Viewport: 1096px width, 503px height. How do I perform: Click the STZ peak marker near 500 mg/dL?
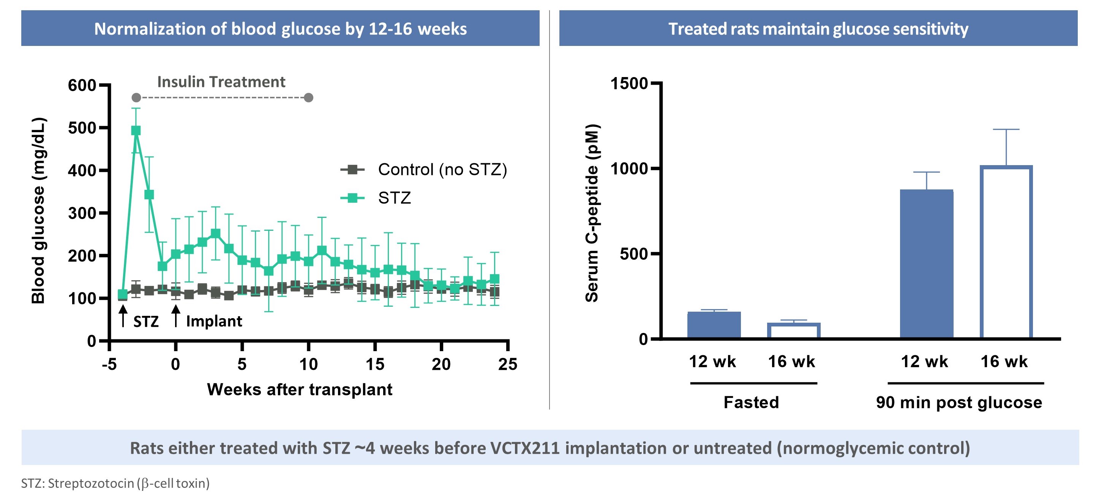click(x=136, y=131)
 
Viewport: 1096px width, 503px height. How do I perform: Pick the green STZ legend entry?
click(x=394, y=198)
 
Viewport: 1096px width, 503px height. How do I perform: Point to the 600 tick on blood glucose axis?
click(x=82, y=85)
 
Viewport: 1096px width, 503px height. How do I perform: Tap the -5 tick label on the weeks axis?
click(x=109, y=364)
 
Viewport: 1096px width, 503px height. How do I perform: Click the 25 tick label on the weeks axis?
click(x=508, y=364)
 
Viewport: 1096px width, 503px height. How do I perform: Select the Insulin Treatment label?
click(x=221, y=82)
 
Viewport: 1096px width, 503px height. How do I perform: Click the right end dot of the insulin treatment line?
click(x=309, y=98)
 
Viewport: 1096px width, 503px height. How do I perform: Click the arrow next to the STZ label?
click(x=123, y=316)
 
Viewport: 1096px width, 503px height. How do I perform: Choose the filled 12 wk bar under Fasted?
click(x=714, y=325)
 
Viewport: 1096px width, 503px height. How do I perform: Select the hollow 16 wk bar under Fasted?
click(x=793, y=330)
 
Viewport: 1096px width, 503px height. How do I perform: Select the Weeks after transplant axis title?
click(x=300, y=389)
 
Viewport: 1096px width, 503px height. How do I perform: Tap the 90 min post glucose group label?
click(x=959, y=402)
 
